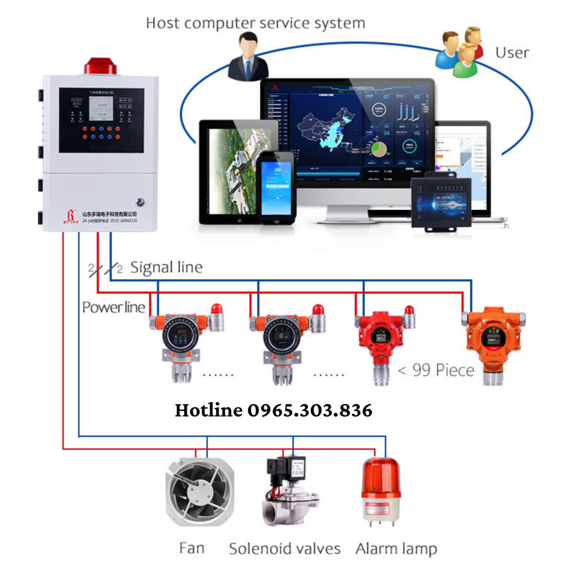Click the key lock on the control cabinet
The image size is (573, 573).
(x=140, y=202)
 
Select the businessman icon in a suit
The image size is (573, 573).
(x=245, y=58)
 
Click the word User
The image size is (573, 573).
(x=512, y=53)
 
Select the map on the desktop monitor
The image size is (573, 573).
(x=325, y=129)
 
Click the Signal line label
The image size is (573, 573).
(x=166, y=267)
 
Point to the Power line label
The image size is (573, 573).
(x=113, y=308)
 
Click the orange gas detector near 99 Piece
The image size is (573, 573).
(x=494, y=341)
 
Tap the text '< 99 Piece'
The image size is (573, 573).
(x=436, y=370)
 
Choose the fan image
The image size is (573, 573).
(x=200, y=492)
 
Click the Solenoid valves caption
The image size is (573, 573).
(x=285, y=549)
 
